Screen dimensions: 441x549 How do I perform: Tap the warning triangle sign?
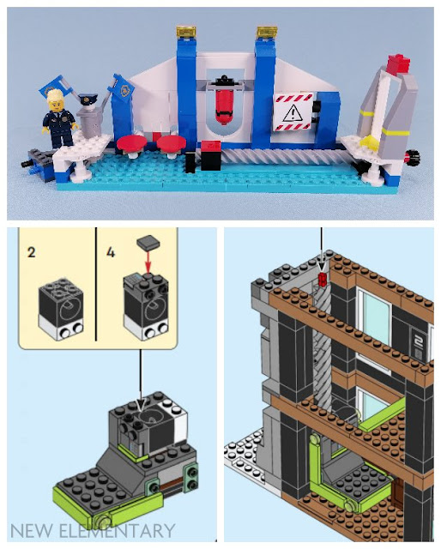(x=293, y=112)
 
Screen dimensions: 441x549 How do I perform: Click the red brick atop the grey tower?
(x=398, y=63)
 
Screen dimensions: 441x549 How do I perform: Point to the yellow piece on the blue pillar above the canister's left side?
(x=186, y=33)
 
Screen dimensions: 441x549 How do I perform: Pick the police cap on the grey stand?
(x=86, y=100)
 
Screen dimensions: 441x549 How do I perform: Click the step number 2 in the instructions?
(x=31, y=252)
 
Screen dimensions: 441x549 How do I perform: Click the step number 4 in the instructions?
(x=111, y=252)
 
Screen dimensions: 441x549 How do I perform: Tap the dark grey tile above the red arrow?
(x=148, y=242)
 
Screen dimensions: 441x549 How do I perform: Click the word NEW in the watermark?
(x=31, y=531)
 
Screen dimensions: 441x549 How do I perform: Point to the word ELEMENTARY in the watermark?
(x=117, y=531)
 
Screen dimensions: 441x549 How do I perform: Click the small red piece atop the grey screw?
(x=323, y=279)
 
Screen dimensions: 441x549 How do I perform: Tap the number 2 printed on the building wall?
(x=418, y=341)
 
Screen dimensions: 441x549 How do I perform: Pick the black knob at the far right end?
(x=413, y=156)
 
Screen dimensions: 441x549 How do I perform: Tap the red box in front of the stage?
(x=210, y=155)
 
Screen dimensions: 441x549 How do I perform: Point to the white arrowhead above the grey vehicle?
(x=141, y=406)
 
